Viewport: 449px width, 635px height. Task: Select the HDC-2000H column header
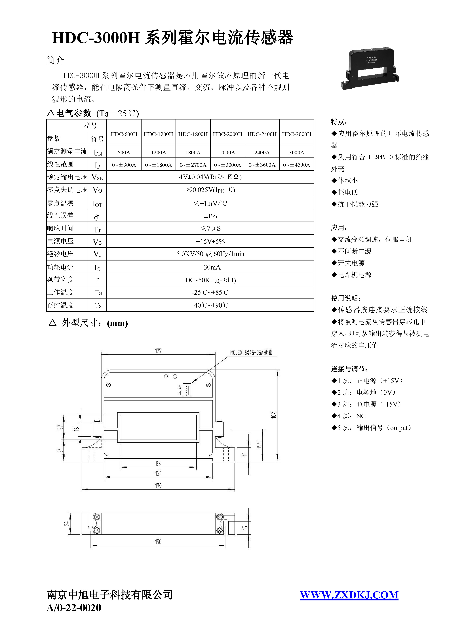tap(227, 134)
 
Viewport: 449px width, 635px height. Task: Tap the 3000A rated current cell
tap(296, 152)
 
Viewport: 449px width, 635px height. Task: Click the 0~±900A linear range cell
tap(124, 165)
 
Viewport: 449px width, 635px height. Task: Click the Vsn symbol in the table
tap(97, 177)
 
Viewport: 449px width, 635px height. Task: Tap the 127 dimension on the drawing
tap(158, 351)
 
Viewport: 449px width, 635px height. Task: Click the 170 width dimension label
tap(158, 486)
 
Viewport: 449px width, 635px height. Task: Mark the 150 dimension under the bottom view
tap(158, 542)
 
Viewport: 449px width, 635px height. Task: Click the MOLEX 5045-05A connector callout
tap(251, 353)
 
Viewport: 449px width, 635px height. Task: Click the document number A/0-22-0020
tap(74, 608)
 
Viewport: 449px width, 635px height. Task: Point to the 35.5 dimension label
tap(259, 445)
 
